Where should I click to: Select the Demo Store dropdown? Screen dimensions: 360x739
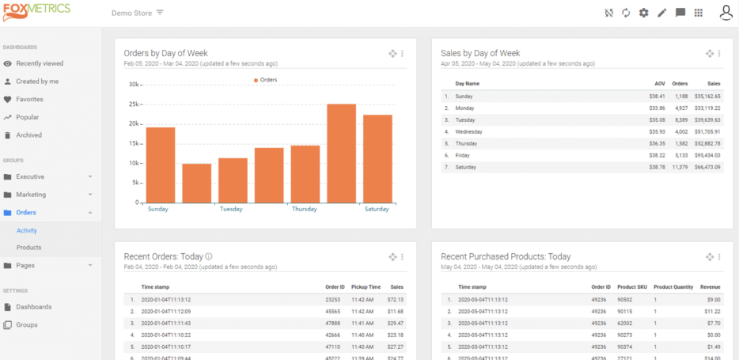[x=137, y=13]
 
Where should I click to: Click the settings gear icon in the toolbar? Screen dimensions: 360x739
[x=643, y=13]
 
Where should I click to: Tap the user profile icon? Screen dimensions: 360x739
[x=726, y=13]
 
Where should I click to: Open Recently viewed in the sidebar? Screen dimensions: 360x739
[x=40, y=63]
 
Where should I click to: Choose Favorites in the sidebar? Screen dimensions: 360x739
[x=29, y=99]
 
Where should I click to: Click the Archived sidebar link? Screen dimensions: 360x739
[x=28, y=135]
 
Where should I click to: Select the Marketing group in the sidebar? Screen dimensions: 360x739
[x=31, y=195]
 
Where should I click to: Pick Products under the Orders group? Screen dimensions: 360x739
[x=28, y=248]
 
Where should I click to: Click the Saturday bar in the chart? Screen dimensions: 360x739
[x=377, y=159]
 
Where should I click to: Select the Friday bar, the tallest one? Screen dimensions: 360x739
[x=341, y=153]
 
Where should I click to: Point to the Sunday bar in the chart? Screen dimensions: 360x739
[x=161, y=165]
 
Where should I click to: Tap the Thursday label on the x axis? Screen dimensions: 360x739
[x=305, y=210]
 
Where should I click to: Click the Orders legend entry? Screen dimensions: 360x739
[x=265, y=80]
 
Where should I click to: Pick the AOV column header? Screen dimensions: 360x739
[x=660, y=83]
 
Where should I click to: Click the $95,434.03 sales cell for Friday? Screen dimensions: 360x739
[x=707, y=156]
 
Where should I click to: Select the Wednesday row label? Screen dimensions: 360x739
[x=469, y=132]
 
